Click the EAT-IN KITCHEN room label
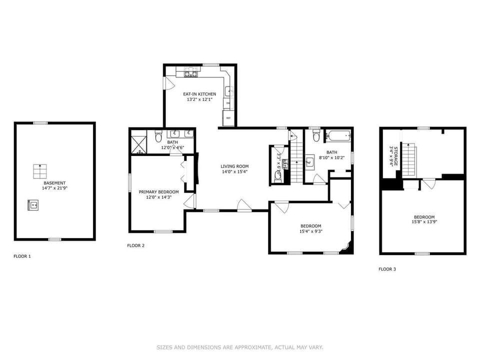(x=199, y=94)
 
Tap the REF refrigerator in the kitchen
(x=228, y=118)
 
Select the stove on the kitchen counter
(x=190, y=74)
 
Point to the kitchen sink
(x=228, y=91)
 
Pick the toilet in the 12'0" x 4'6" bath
(x=158, y=136)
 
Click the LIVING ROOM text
(x=234, y=166)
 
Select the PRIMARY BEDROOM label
(x=158, y=192)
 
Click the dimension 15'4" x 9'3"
(x=310, y=231)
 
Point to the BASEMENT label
(x=54, y=183)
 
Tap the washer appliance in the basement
(x=33, y=204)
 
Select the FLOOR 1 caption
(x=22, y=256)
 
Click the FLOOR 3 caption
(x=387, y=269)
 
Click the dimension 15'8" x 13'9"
(x=423, y=221)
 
